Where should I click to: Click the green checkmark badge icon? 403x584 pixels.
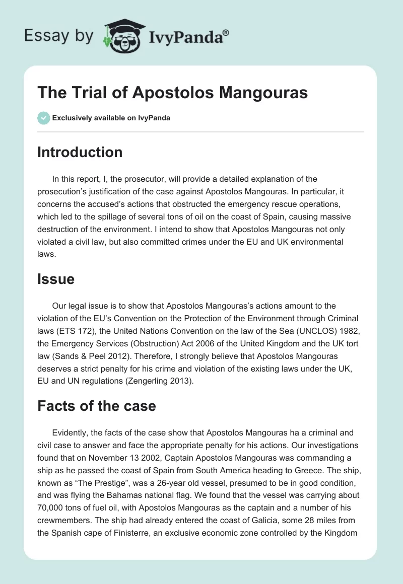click(43, 118)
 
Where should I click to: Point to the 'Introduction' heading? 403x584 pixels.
click(80, 152)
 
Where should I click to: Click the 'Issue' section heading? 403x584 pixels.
click(55, 279)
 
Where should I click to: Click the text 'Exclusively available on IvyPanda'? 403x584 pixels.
click(111, 118)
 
